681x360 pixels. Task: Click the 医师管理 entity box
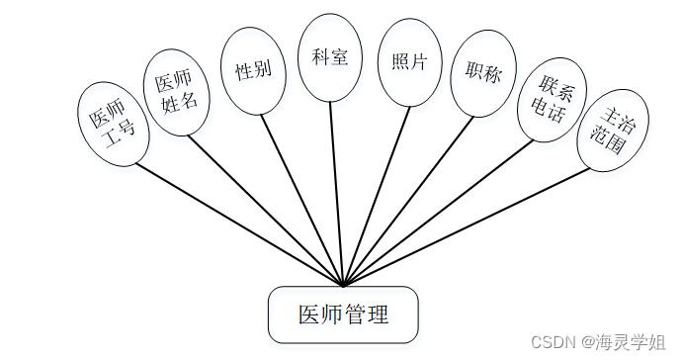point(343,315)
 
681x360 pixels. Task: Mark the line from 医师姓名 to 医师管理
point(265,209)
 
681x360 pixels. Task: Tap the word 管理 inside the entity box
point(365,315)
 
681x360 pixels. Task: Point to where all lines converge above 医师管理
point(343,286)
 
